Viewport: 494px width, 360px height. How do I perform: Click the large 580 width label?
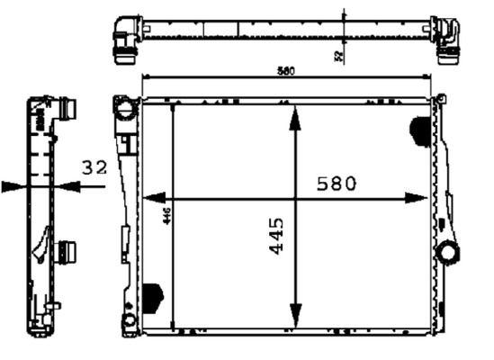[337, 183]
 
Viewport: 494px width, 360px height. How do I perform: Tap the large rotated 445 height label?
[277, 235]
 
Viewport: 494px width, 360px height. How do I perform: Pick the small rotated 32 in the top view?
[338, 56]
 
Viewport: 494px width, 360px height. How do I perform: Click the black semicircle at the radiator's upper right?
[420, 131]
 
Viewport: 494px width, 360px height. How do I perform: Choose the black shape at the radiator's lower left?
[152, 296]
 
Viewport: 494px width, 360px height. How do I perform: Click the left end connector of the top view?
[124, 41]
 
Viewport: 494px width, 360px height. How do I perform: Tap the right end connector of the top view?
[446, 41]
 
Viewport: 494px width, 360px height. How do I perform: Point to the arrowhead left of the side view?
[13, 187]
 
